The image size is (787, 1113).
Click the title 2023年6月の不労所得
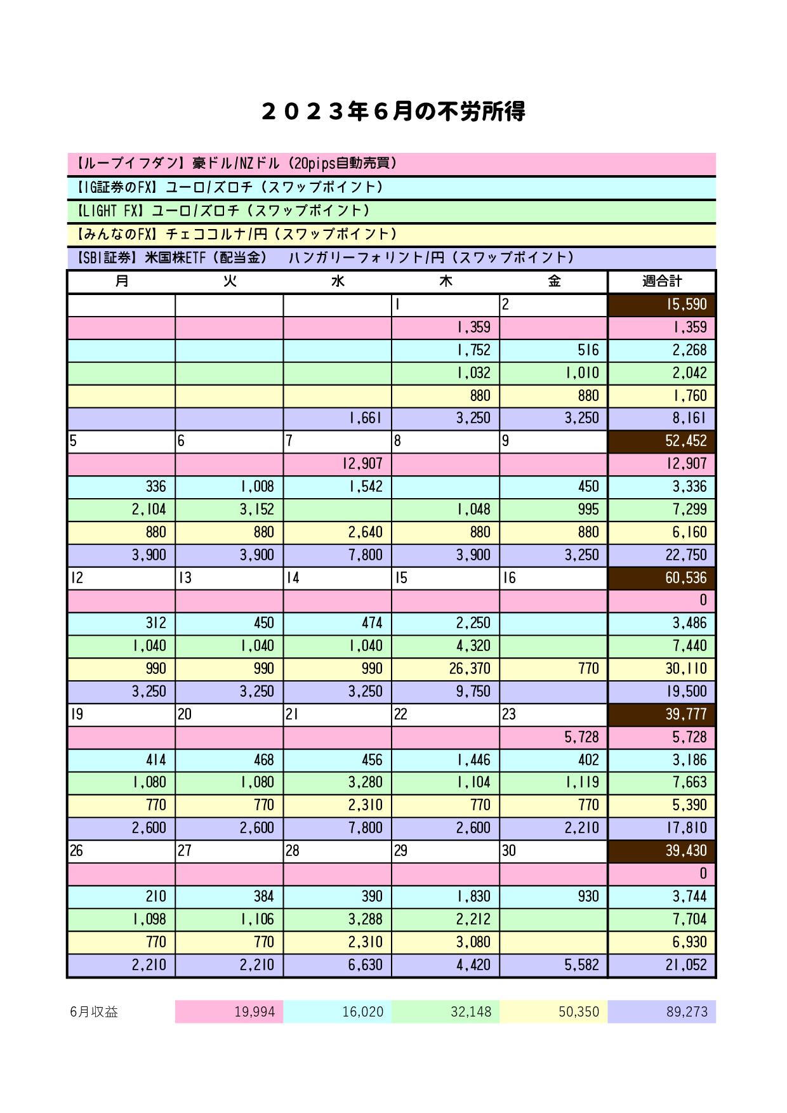point(393,112)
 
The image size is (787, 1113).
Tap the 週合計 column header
point(662,281)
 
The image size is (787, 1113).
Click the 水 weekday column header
point(338,281)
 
